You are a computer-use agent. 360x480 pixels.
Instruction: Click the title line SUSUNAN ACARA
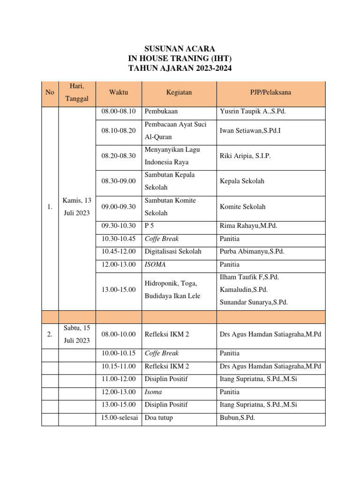click(x=180, y=49)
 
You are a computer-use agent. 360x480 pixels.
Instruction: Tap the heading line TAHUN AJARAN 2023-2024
click(x=180, y=68)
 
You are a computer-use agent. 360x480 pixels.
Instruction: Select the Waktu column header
click(x=118, y=92)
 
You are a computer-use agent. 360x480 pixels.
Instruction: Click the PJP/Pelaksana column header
click(x=270, y=92)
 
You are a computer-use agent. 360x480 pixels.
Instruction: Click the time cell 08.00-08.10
click(x=118, y=112)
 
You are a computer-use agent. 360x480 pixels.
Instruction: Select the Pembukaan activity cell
click(x=161, y=112)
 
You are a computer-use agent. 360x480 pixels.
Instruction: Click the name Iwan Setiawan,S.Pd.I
click(x=250, y=131)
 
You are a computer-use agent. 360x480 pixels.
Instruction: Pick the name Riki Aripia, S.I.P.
click(x=245, y=156)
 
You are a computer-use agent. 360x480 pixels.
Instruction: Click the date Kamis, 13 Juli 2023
click(x=77, y=207)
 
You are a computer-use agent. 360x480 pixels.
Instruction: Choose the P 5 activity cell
click(x=150, y=226)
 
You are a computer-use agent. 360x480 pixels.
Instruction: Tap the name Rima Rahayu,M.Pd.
click(x=248, y=226)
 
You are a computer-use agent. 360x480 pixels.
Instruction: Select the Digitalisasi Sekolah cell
click(x=173, y=252)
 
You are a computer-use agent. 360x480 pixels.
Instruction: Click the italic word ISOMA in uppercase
click(x=155, y=264)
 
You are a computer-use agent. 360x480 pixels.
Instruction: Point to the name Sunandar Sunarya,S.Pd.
click(x=254, y=302)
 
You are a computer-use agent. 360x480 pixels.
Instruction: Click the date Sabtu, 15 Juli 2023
click(x=77, y=334)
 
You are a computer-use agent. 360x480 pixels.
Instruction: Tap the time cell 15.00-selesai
click(x=119, y=418)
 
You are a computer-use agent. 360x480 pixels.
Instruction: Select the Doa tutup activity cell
click(x=158, y=418)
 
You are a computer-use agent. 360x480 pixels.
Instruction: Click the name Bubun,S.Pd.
click(x=237, y=418)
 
